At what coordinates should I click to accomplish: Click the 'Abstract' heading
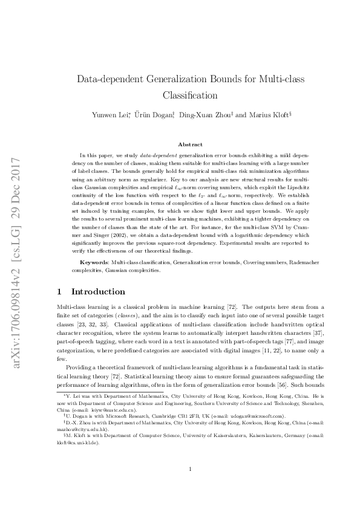coord(189,144)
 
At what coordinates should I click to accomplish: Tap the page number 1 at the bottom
coord(190,485)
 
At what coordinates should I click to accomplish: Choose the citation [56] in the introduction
coord(285,384)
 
